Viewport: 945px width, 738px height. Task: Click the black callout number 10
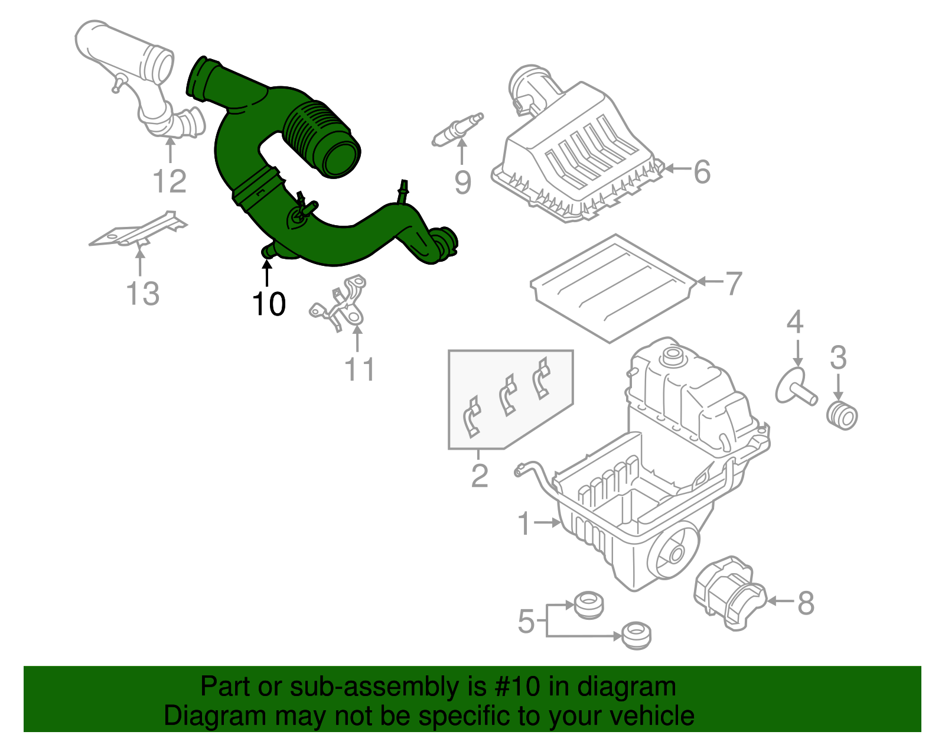tap(269, 304)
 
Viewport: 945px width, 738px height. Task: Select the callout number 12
tap(170, 181)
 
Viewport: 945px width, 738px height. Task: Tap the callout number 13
tap(143, 293)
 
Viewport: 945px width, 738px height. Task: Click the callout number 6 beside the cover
tap(702, 172)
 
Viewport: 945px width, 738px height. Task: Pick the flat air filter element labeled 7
tap(614, 287)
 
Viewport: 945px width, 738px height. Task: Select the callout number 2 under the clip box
tap(480, 475)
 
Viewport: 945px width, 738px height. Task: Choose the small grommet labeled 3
tap(842, 415)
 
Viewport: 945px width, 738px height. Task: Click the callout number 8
tap(806, 603)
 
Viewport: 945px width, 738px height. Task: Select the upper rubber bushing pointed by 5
tap(589, 606)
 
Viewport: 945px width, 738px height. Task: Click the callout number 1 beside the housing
tap(524, 524)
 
